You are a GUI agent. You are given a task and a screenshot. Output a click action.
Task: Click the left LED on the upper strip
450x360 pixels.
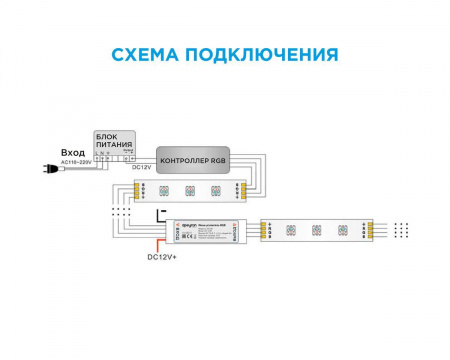tap(163, 188)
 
